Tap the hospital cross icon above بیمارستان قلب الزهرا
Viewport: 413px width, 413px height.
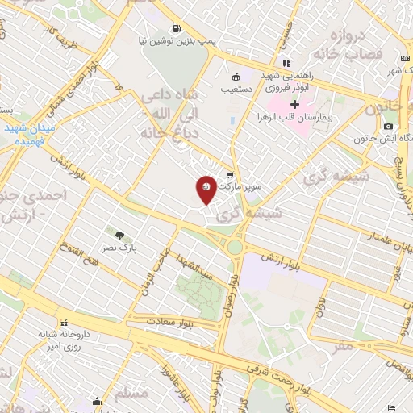295,103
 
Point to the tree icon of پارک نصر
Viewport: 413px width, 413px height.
119,236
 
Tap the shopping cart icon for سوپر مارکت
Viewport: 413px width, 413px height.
230,175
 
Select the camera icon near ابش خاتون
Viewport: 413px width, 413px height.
389,126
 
